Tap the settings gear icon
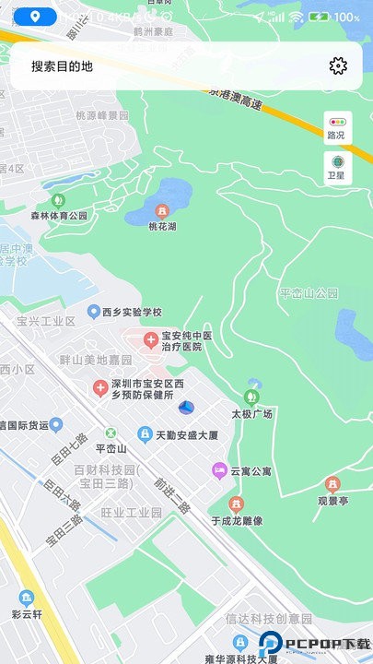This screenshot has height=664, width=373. [338, 65]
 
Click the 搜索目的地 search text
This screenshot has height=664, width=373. [62, 66]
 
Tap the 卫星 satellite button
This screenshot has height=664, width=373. [336, 167]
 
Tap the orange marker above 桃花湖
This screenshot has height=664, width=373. [163, 210]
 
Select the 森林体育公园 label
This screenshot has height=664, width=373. [58, 216]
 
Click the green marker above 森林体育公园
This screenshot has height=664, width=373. [58, 200]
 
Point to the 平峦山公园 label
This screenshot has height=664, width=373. [309, 293]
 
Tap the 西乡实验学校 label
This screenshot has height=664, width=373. [131, 312]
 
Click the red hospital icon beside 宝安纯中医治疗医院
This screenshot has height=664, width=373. [149, 341]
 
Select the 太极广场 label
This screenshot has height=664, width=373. [251, 414]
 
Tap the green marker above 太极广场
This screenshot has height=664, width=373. [251, 397]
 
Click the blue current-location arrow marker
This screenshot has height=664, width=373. [186, 407]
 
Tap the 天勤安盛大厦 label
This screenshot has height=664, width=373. [184, 434]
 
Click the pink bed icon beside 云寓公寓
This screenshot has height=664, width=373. [219, 470]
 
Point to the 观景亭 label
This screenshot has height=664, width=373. [332, 501]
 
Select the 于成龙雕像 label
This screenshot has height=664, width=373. [236, 520]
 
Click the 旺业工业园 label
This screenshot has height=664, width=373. [131, 512]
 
